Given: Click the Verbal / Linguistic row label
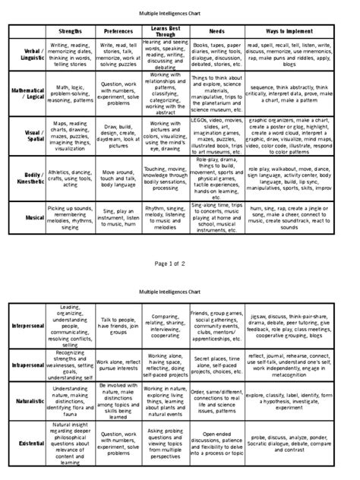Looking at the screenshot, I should click(28, 57).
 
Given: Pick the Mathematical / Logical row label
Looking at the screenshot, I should click(28, 95).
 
